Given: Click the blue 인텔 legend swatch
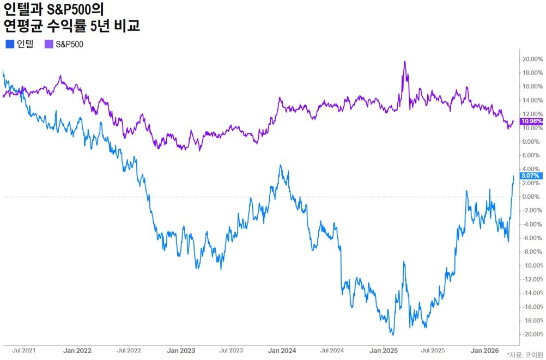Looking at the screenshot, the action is click(10, 44).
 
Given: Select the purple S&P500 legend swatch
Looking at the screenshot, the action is click(48, 44).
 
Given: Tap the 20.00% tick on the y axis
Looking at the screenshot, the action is click(532, 59).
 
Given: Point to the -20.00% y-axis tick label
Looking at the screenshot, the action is click(532, 334).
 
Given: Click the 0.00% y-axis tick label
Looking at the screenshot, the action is click(532, 197).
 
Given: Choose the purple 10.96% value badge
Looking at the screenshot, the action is click(531, 121).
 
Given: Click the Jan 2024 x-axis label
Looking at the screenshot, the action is click(282, 351).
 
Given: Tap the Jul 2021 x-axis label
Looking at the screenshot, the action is click(23, 350).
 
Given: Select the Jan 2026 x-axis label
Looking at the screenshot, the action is click(484, 351).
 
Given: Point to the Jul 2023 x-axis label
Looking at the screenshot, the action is click(231, 350).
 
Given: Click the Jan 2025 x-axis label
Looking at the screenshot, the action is click(384, 351).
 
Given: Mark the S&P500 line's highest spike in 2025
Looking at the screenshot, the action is click(405, 62).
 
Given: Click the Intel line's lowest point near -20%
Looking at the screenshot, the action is click(393, 335).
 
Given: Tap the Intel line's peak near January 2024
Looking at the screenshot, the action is click(281, 165).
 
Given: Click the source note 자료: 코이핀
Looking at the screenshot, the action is click(526, 355).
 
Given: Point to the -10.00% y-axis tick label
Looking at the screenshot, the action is click(532, 265).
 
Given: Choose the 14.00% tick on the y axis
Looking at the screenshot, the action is click(532, 100).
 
